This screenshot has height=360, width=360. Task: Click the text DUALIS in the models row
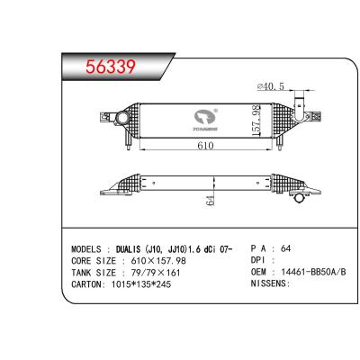(135, 247)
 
